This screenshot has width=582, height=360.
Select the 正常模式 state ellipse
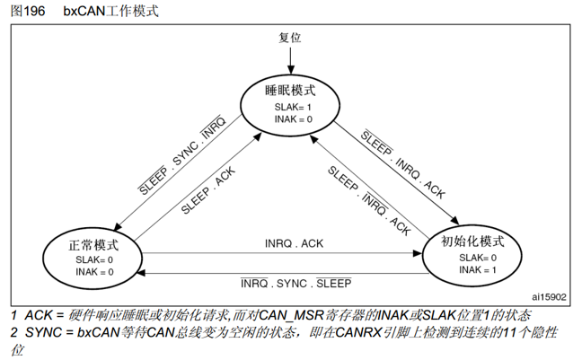pos(93,257)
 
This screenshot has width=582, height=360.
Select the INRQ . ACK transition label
pos(294,243)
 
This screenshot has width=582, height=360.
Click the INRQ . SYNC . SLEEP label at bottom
pos(295,282)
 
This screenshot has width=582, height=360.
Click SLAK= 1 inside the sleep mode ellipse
pos(293,108)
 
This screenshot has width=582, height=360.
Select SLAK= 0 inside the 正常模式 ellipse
pos(93,259)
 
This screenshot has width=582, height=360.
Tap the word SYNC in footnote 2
pos(44,333)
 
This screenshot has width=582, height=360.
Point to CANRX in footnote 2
pos(354,333)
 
